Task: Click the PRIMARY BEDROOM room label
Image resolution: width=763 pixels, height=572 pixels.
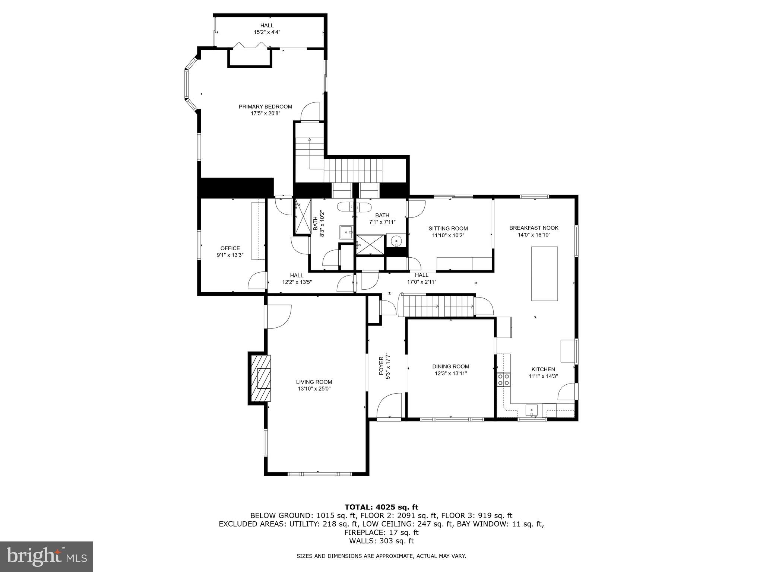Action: [265, 107]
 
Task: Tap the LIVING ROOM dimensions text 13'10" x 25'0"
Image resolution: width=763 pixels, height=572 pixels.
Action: [314, 389]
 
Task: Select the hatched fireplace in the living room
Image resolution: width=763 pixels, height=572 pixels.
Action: [260, 378]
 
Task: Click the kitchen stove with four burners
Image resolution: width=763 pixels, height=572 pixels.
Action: [504, 379]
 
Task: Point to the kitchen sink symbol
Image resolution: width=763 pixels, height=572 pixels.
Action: [532, 410]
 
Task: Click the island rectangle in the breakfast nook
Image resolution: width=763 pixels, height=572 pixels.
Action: [544, 273]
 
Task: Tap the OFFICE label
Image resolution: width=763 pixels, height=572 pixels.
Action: [230, 248]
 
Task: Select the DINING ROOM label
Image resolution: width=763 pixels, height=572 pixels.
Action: [450, 366]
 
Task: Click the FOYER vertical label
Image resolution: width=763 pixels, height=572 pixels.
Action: [381, 366]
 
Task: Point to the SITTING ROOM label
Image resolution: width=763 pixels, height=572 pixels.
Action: [448, 229]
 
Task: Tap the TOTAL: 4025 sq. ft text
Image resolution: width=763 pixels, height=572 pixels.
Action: [381, 507]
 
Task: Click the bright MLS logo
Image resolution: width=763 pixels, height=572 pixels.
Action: [47, 556]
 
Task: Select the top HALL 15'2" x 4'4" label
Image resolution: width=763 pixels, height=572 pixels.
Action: [267, 25]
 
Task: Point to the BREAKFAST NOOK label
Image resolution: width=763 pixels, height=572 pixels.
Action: [534, 228]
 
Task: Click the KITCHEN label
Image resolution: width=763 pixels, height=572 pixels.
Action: [543, 369]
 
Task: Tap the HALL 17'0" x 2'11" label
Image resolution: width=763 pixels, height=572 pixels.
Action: [421, 275]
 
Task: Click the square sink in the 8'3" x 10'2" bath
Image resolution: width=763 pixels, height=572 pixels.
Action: [346, 232]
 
